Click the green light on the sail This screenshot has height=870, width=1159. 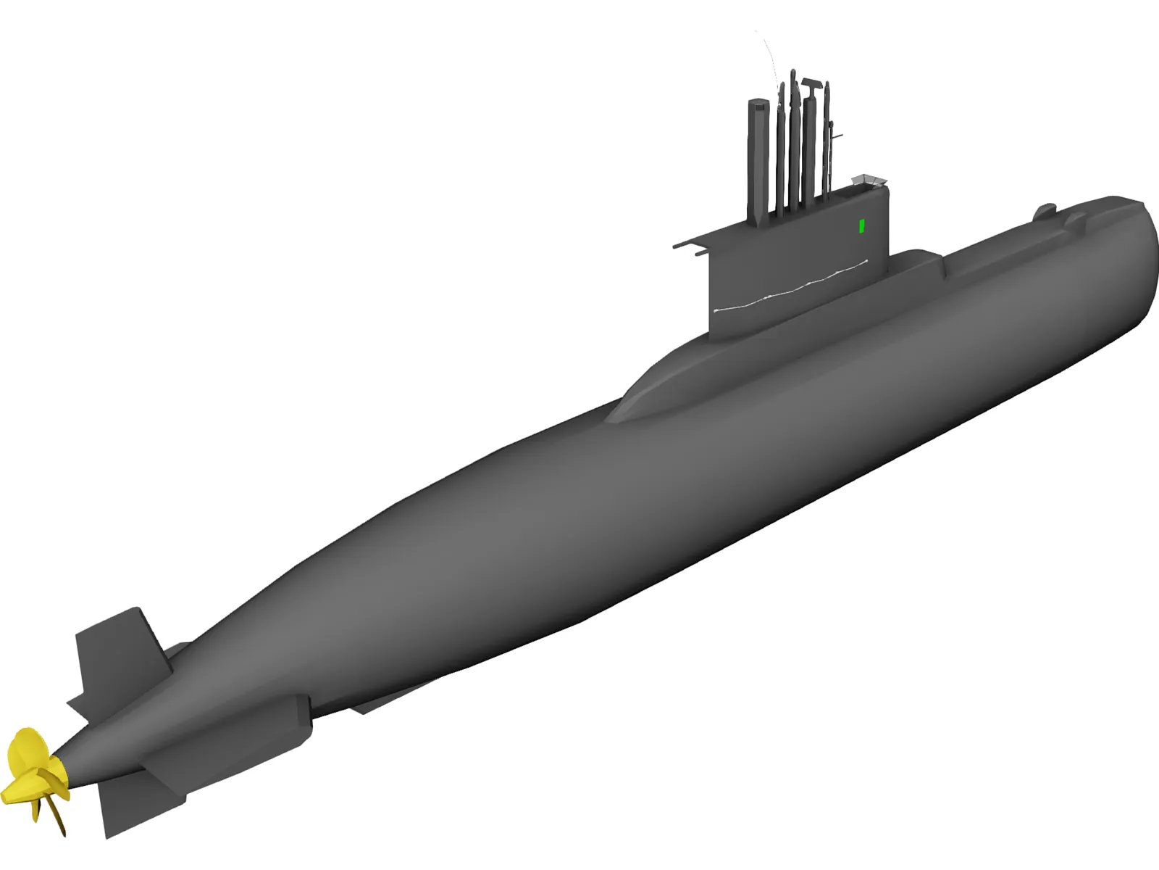[x=861, y=226]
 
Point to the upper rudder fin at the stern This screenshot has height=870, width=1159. [x=120, y=656]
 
